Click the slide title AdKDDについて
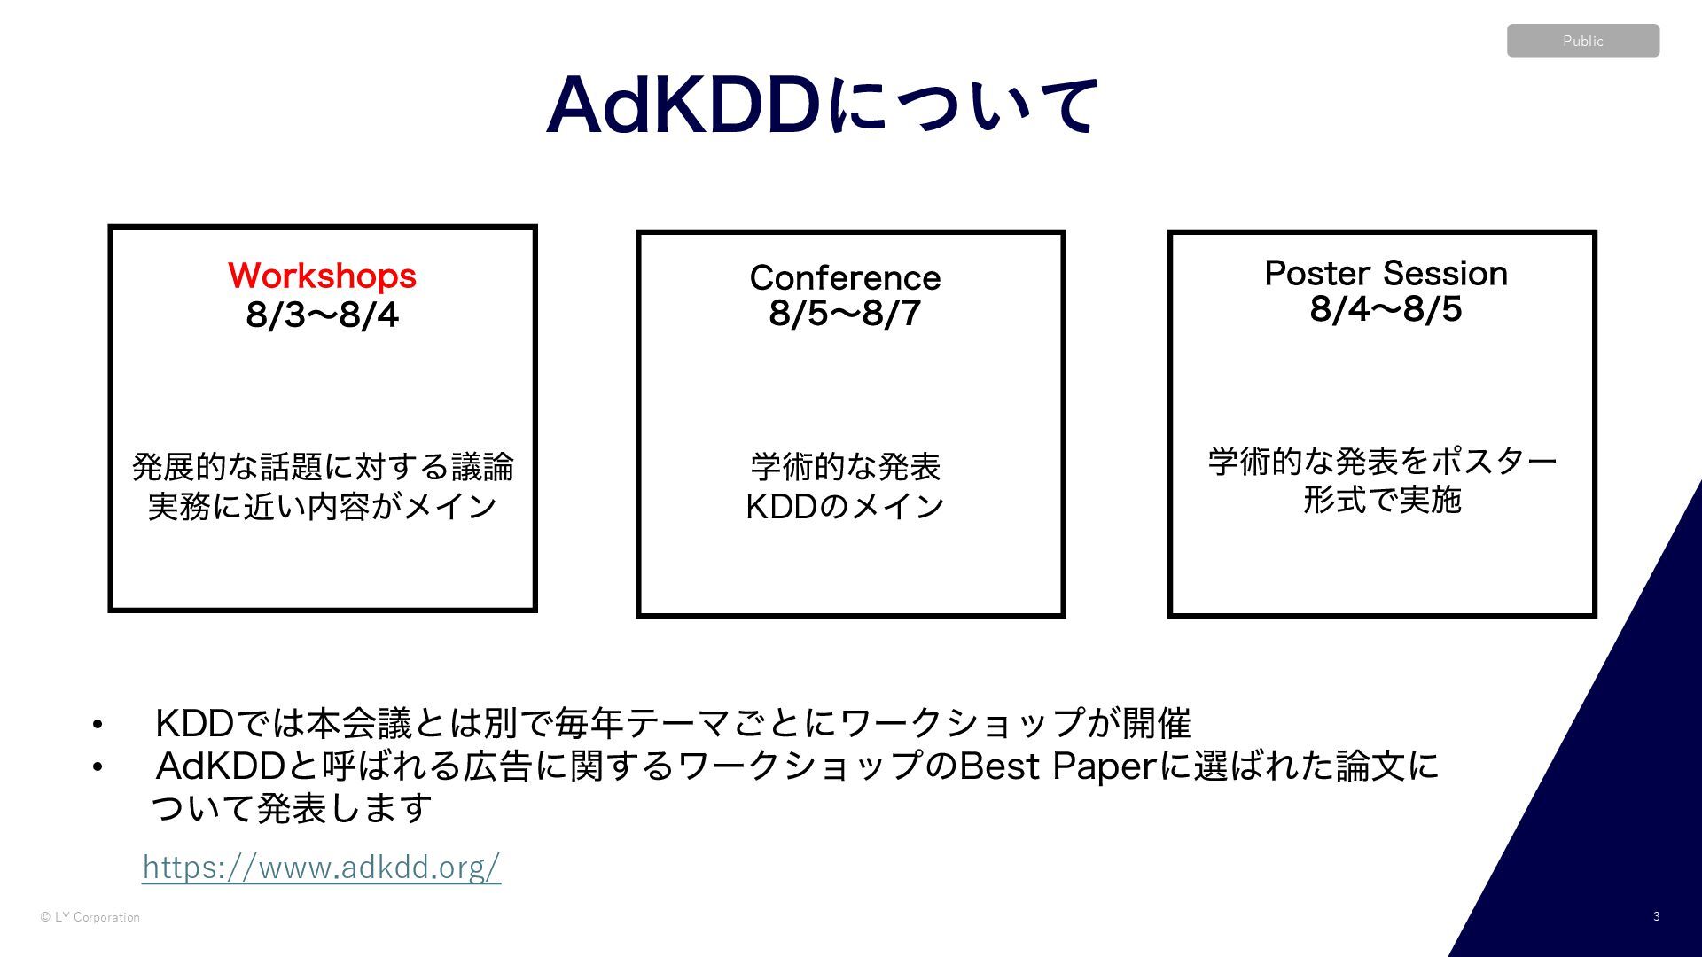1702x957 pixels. tap(823, 105)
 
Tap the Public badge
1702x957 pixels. tap(1582, 41)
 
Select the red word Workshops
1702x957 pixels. tap(322, 276)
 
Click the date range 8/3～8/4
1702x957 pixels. tap(322, 315)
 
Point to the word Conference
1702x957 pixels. tap(845, 277)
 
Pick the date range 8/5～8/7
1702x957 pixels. tap(845, 314)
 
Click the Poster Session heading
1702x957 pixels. tap(1386, 273)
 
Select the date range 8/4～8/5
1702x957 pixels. tap(1386, 309)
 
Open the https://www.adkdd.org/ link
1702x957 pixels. tap(322, 867)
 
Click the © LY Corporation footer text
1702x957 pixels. tap(90, 917)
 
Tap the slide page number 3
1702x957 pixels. tap(1656, 916)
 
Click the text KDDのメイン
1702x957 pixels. tap(845, 507)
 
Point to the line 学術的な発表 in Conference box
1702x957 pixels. tap(845, 466)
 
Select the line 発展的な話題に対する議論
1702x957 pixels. tap(323, 466)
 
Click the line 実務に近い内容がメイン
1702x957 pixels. tap(323, 507)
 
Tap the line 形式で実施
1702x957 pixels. tap(1382, 501)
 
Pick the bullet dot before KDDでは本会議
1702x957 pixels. tap(98, 726)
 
